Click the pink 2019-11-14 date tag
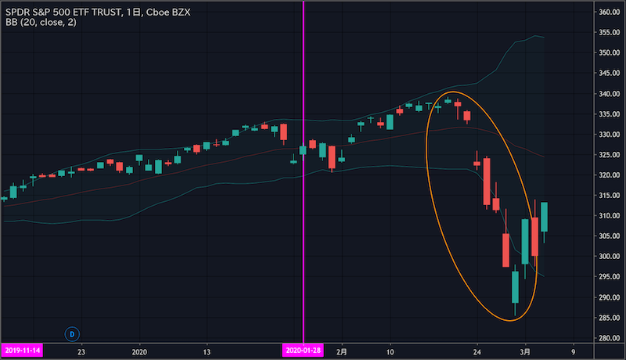pyautogui.click(x=23, y=351)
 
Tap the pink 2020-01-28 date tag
pyautogui.click(x=303, y=351)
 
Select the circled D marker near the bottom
pyautogui.click(x=72, y=333)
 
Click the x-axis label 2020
pyautogui.click(x=141, y=351)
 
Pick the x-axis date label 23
pyautogui.click(x=81, y=351)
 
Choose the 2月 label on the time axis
pyautogui.click(x=341, y=351)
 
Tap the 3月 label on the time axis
pyautogui.click(x=529, y=351)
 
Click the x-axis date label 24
pyautogui.click(x=477, y=351)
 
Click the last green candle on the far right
pyautogui.click(x=545, y=217)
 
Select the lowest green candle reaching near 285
pyautogui.click(x=515, y=286)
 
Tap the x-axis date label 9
pyautogui.click(x=574, y=351)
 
